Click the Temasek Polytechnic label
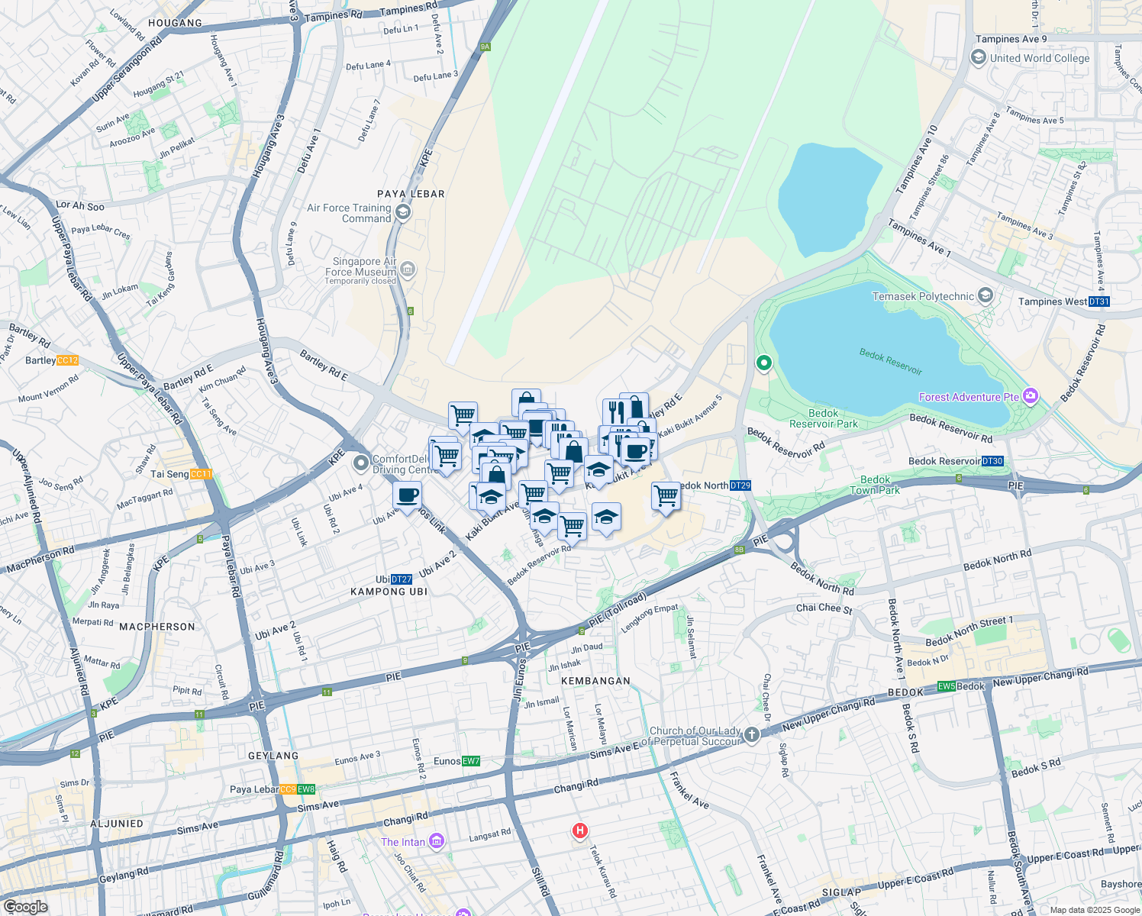point(923,296)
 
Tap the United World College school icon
point(978,58)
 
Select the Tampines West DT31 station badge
point(1098,302)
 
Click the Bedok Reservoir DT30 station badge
point(992,461)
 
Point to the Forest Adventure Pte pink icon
point(1031,396)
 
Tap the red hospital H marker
point(580,831)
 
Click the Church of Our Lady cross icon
point(752,735)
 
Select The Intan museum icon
point(437,842)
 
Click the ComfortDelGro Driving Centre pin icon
point(360,463)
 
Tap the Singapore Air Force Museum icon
point(408,269)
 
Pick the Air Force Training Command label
point(349,213)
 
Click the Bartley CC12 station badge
point(67,360)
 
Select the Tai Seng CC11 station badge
point(200,474)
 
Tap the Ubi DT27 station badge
point(402,579)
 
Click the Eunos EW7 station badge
point(471,761)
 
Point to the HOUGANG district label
point(176,23)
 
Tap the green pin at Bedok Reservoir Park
point(763,363)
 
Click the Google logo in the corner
point(25,907)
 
